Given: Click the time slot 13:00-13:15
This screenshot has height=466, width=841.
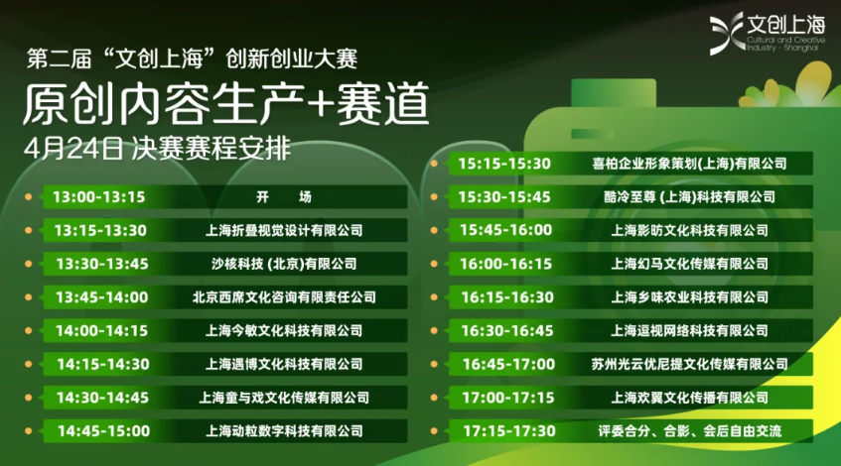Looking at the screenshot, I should (x=99, y=197).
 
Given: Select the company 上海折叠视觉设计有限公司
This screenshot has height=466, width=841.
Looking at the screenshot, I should (x=284, y=230).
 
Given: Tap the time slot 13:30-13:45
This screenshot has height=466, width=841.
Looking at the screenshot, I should (x=102, y=264).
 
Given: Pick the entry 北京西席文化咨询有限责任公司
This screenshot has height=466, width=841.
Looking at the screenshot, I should (x=284, y=297).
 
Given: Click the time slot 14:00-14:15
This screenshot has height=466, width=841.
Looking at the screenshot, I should (x=102, y=330).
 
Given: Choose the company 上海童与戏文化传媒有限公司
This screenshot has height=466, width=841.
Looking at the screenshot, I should (x=284, y=398).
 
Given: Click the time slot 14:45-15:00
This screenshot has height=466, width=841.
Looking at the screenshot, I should (x=103, y=431).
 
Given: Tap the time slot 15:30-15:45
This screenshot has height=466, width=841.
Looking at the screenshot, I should (x=504, y=196).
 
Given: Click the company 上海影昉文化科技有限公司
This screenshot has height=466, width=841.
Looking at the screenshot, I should (x=689, y=230).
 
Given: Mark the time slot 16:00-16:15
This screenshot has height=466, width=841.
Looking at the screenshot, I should (x=505, y=264).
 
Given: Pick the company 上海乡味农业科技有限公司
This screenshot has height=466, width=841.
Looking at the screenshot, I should (x=689, y=297).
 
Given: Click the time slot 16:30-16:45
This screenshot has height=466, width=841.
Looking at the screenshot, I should (x=506, y=330).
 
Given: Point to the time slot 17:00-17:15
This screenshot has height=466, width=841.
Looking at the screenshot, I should (x=507, y=398).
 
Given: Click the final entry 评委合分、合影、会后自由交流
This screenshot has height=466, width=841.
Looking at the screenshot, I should (x=689, y=431).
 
